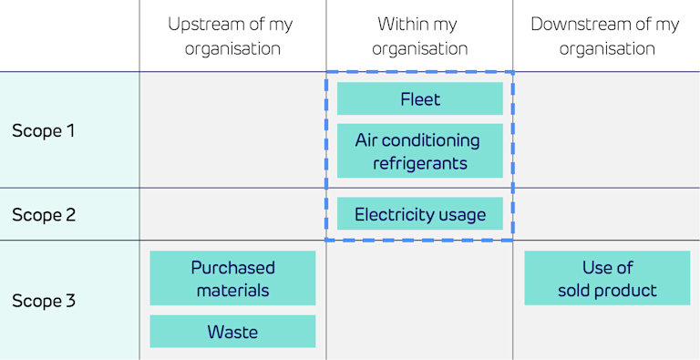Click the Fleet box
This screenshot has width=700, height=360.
tap(419, 98)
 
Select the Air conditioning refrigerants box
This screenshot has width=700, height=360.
tap(419, 151)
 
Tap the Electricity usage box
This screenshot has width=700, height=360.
tap(419, 215)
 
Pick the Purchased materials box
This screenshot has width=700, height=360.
tap(232, 279)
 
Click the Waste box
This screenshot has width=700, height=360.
tap(232, 332)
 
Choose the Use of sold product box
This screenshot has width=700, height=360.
tap(607, 279)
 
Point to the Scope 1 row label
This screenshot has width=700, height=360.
tap(43, 130)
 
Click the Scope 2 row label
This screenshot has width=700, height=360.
tap(43, 215)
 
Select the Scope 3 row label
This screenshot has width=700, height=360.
tap(43, 301)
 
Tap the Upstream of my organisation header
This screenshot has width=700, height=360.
tap(232, 36)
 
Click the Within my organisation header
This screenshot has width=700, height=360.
tap(419, 36)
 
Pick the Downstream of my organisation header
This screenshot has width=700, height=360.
tap(605, 36)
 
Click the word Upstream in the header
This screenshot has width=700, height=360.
tap(202, 25)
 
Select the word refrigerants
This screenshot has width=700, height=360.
tap(419, 164)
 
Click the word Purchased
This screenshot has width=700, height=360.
tap(232, 268)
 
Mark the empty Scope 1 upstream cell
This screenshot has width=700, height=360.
tap(232, 130)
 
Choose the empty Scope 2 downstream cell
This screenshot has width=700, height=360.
tap(605, 215)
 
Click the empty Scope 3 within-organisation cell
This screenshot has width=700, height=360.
tap(419, 301)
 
